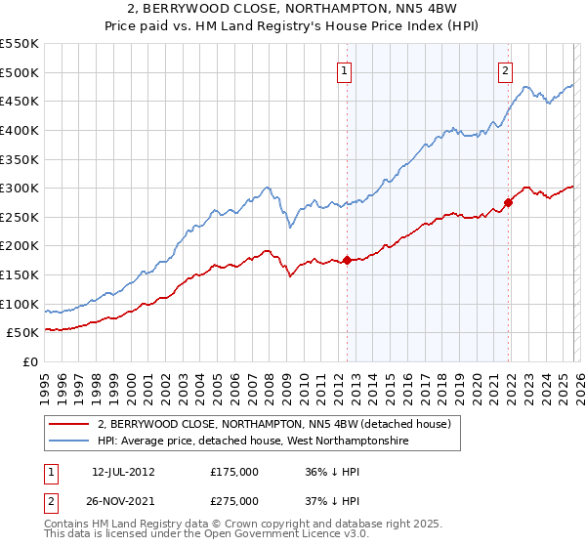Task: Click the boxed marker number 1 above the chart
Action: (x=346, y=69)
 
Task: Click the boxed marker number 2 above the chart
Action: (x=506, y=69)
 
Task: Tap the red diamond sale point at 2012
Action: (x=347, y=260)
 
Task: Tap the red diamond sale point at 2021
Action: (x=508, y=203)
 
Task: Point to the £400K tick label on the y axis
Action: (x=20, y=130)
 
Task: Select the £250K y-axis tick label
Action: (x=20, y=217)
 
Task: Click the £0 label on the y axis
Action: (x=29, y=361)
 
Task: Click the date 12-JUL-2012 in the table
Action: (x=124, y=470)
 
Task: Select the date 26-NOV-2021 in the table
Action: (x=124, y=500)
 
